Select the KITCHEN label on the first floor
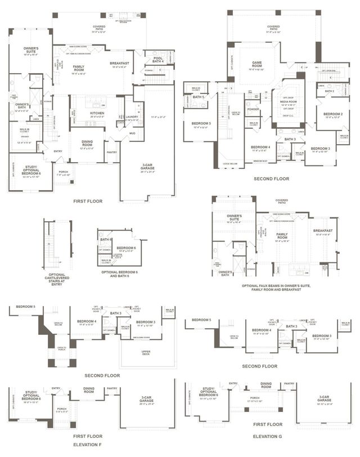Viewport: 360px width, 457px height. [x=97, y=113]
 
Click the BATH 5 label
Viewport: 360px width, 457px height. [x=198, y=97]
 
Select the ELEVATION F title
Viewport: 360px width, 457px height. [x=88, y=444]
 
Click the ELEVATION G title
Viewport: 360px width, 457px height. [x=267, y=436]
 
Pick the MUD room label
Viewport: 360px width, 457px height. [x=133, y=134]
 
